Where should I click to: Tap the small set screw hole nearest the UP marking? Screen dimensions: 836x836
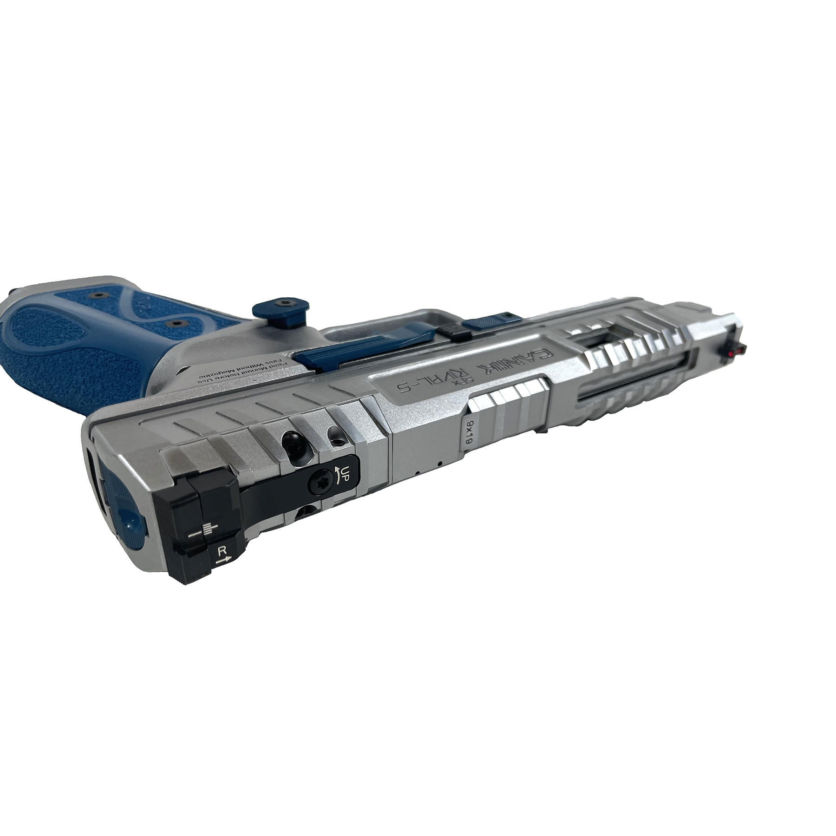(335, 438)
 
